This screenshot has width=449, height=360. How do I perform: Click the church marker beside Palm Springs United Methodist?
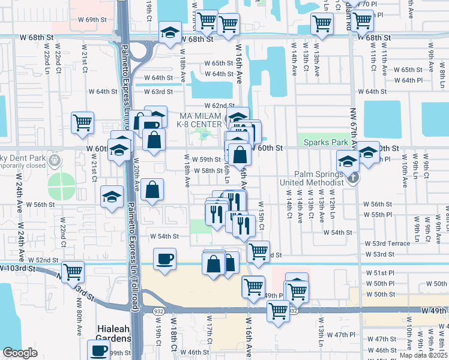(354, 178)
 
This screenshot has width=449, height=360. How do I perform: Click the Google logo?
(19, 353)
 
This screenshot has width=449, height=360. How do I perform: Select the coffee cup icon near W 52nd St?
(164, 259)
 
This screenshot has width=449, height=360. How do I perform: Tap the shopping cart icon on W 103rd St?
(73, 272)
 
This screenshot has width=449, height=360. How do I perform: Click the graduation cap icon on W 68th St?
(170, 32)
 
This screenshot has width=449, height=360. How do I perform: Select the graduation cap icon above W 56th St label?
(112, 196)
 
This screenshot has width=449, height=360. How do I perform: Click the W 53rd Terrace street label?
(387, 244)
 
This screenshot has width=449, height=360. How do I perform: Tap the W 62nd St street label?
(218, 106)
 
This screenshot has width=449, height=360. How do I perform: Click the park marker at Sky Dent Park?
(55, 160)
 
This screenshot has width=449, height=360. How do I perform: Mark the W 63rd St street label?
(158, 92)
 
